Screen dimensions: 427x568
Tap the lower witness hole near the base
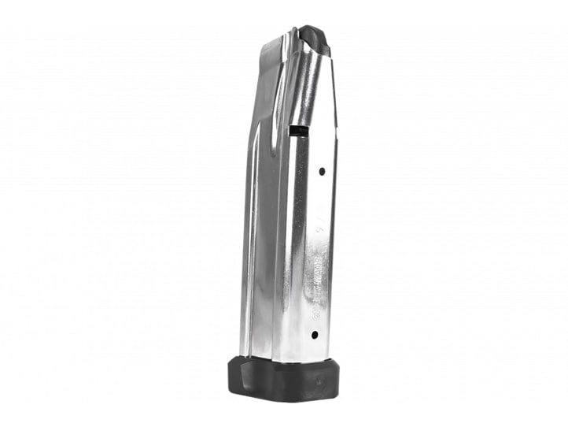point(315,335)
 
